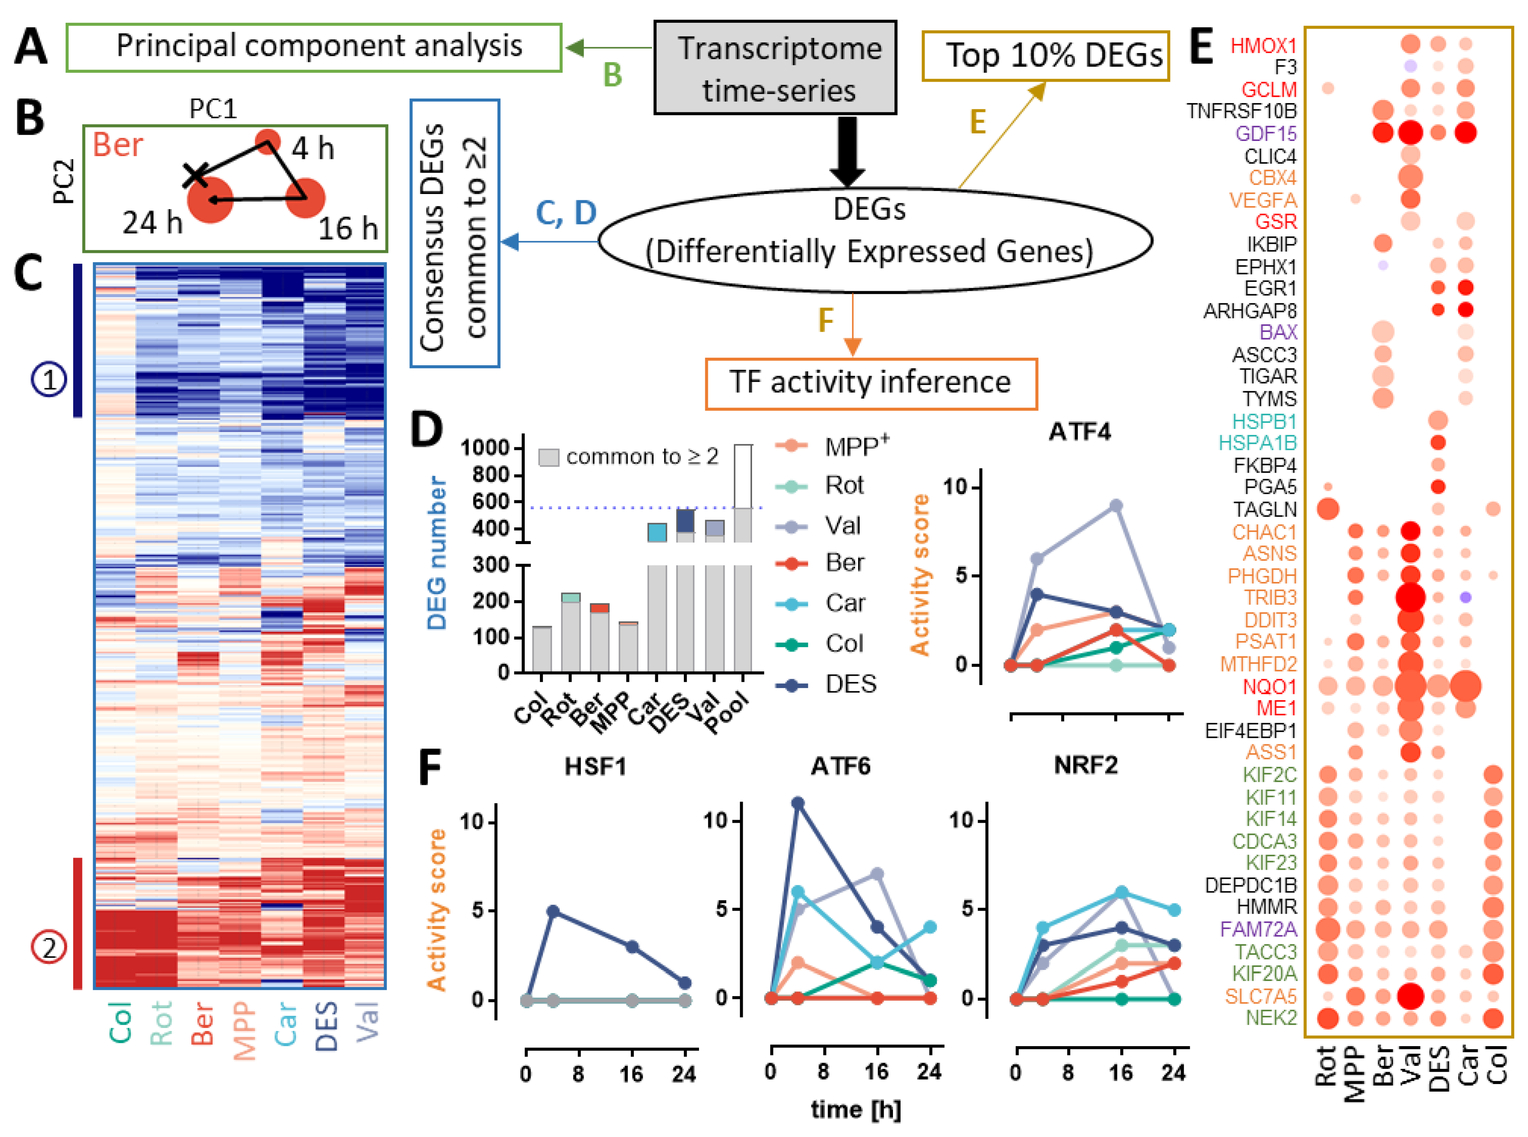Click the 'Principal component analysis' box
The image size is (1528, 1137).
click(x=314, y=47)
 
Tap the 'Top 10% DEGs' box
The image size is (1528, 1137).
click(x=1045, y=56)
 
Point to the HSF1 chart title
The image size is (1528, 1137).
click(x=595, y=766)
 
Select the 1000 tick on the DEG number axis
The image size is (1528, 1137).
click(x=484, y=448)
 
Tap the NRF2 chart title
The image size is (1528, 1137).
click(x=1085, y=765)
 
